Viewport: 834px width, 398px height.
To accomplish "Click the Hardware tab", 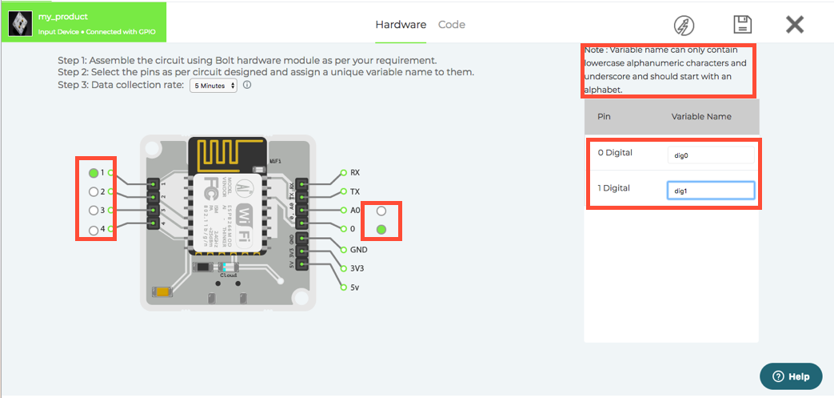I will pos(401,25).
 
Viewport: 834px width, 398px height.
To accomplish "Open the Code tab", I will pos(452,25).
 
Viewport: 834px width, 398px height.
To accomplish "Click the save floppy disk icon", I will pos(741,25).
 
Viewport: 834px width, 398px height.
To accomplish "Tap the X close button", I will pos(794,25).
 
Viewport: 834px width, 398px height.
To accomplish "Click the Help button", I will pos(791,376).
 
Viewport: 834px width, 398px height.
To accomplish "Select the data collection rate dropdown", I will pos(213,85).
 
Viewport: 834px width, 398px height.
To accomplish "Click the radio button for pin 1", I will pos(94,172).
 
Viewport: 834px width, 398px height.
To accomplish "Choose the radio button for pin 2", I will pos(94,191).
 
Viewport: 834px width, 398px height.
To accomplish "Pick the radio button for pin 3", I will pos(94,211).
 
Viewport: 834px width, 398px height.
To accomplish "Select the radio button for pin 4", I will pos(94,230).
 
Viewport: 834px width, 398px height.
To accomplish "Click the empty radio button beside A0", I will pos(381,211).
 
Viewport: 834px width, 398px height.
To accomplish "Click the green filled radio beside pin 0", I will pos(381,230).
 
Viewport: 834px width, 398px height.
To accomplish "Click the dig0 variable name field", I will pos(710,155).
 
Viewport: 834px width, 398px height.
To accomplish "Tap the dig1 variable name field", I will pos(710,191).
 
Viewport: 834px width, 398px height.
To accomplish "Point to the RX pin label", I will pos(355,172).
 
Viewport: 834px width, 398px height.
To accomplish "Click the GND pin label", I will pos(358,249).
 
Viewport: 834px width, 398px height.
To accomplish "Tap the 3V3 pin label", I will pos(357,268).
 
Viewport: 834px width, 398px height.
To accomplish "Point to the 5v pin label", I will pos(355,287).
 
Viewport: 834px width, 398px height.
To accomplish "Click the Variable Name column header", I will pos(701,116).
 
